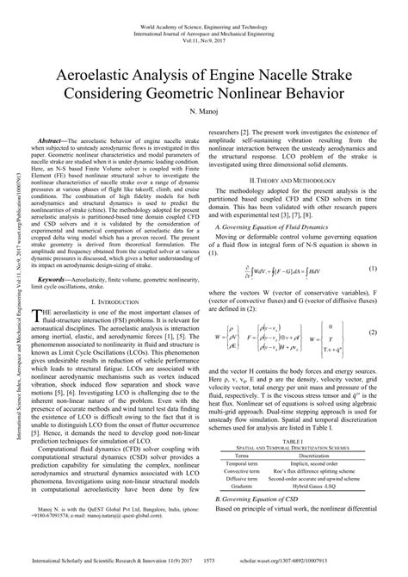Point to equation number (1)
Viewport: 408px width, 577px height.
373,270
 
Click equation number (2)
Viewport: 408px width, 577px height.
373,332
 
